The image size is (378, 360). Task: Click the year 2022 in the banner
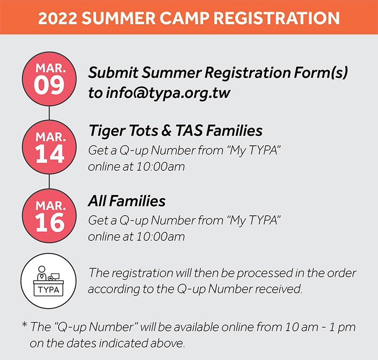point(58,18)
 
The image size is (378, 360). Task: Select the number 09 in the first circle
point(49,86)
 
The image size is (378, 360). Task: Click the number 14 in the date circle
point(50,154)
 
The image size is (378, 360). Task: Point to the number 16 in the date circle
point(50,222)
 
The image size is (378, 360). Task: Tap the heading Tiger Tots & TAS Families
point(175,131)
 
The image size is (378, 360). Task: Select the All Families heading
point(127,201)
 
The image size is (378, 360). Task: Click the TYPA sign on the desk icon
point(49,290)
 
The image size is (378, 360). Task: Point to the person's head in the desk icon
point(42,269)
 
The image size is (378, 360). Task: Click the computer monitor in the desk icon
point(55,277)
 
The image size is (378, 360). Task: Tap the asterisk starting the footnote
point(25,325)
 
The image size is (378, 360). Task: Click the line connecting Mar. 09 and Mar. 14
point(49,113)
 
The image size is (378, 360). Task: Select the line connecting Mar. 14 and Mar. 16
point(49,182)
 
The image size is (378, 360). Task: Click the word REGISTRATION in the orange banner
point(276,18)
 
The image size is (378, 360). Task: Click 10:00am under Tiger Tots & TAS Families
point(161,167)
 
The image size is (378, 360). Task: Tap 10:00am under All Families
point(161,237)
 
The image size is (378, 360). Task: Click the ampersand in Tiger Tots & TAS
point(166,131)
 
